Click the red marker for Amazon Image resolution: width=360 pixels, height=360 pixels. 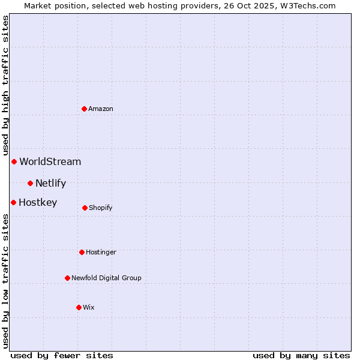[85, 109]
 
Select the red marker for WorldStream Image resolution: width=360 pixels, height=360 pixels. [14, 161]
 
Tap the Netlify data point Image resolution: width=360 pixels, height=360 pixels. [30, 183]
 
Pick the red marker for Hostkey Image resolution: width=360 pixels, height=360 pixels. [13, 202]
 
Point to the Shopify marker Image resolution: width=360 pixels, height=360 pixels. [85, 208]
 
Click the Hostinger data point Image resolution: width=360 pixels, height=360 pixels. [82, 252]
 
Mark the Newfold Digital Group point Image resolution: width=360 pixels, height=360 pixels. [67, 278]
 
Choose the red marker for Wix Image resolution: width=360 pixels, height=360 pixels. [79, 307]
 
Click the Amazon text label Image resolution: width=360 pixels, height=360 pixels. [101, 109]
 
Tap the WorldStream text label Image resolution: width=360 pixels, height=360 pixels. [50, 161]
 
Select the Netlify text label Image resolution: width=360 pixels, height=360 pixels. [50, 183]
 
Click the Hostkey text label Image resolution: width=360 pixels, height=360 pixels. [38, 202]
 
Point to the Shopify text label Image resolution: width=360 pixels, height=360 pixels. [101, 208]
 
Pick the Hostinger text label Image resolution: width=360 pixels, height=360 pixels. [101, 252]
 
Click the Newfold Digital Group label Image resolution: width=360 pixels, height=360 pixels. [106, 278]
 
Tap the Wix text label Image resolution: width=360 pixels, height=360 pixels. [89, 307]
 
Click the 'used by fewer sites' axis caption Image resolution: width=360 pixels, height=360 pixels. [62, 355]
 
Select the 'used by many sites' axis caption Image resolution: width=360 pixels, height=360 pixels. [301, 355]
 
